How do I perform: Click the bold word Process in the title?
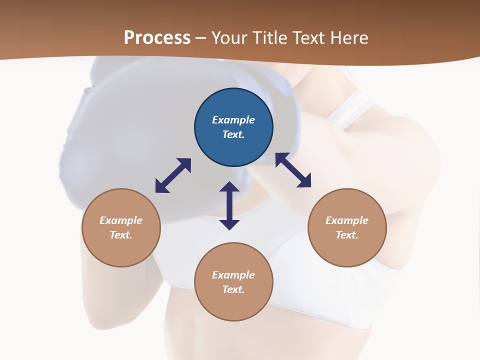coord(157,38)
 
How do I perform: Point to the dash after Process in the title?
coord(200,38)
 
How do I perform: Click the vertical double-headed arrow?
coord(229,205)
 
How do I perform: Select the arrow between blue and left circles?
coord(173,175)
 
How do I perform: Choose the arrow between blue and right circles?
coord(293,170)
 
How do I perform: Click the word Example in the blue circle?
coord(233,120)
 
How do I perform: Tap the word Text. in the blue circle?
coord(233,134)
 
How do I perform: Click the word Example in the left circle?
coord(121,220)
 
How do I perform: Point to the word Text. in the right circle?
coord(347,235)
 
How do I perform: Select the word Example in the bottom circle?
coord(233,275)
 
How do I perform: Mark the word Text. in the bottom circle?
coord(233,289)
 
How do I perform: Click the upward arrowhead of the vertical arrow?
coord(229,187)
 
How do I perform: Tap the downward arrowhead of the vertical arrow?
coord(229,224)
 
